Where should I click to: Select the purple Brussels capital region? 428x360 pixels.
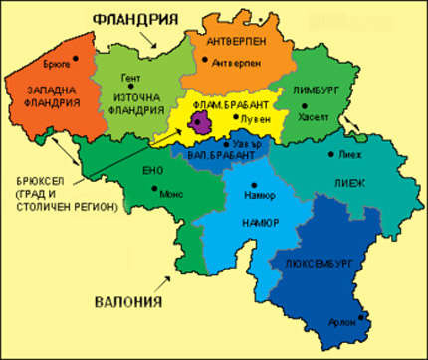coord(203,121)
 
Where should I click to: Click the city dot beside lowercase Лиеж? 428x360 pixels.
coord(332,155)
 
